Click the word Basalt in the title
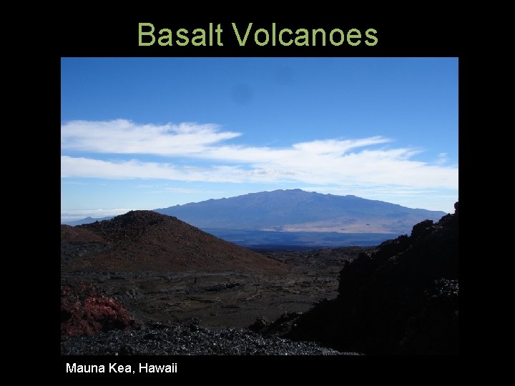pos(180,34)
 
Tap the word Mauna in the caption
pos(83,368)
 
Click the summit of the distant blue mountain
pos(293,191)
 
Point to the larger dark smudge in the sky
pos(242,94)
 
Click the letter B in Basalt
pos(146,34)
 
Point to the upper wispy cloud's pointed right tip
pos(239,133)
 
